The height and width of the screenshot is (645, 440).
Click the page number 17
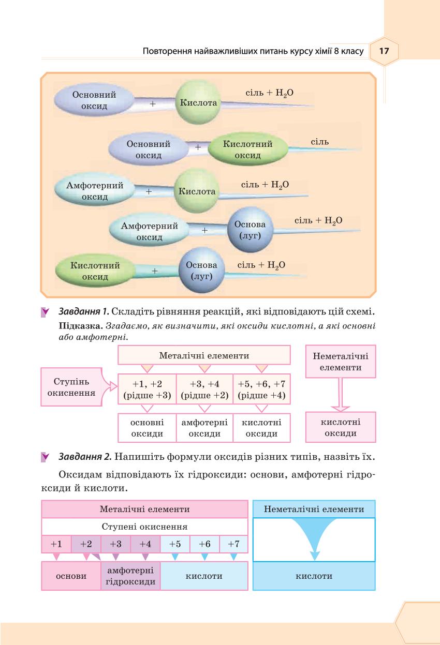384,51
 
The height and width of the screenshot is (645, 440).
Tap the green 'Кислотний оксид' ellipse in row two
248,149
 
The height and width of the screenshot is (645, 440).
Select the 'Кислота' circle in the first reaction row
198,102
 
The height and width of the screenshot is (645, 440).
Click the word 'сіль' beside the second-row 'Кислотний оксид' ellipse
319,142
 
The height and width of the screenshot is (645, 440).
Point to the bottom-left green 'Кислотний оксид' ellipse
95,271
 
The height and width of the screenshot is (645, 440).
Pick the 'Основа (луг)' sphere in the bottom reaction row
201,271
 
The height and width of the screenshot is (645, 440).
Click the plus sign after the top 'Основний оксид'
153,103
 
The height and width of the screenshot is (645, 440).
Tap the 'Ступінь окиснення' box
71,387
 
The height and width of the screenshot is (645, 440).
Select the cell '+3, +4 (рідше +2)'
204,389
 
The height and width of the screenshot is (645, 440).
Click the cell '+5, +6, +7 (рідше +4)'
261,389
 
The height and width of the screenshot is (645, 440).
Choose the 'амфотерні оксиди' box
204,428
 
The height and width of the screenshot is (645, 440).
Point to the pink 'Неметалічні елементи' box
341,362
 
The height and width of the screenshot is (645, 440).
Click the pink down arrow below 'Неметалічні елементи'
340,395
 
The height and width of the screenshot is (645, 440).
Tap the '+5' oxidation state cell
175,544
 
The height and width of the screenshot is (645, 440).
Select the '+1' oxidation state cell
56,544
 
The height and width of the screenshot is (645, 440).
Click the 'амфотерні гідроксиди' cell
130,576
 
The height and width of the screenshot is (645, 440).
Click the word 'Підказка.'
81,326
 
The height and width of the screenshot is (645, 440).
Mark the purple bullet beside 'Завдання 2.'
45,457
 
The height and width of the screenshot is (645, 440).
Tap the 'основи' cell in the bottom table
71,576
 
